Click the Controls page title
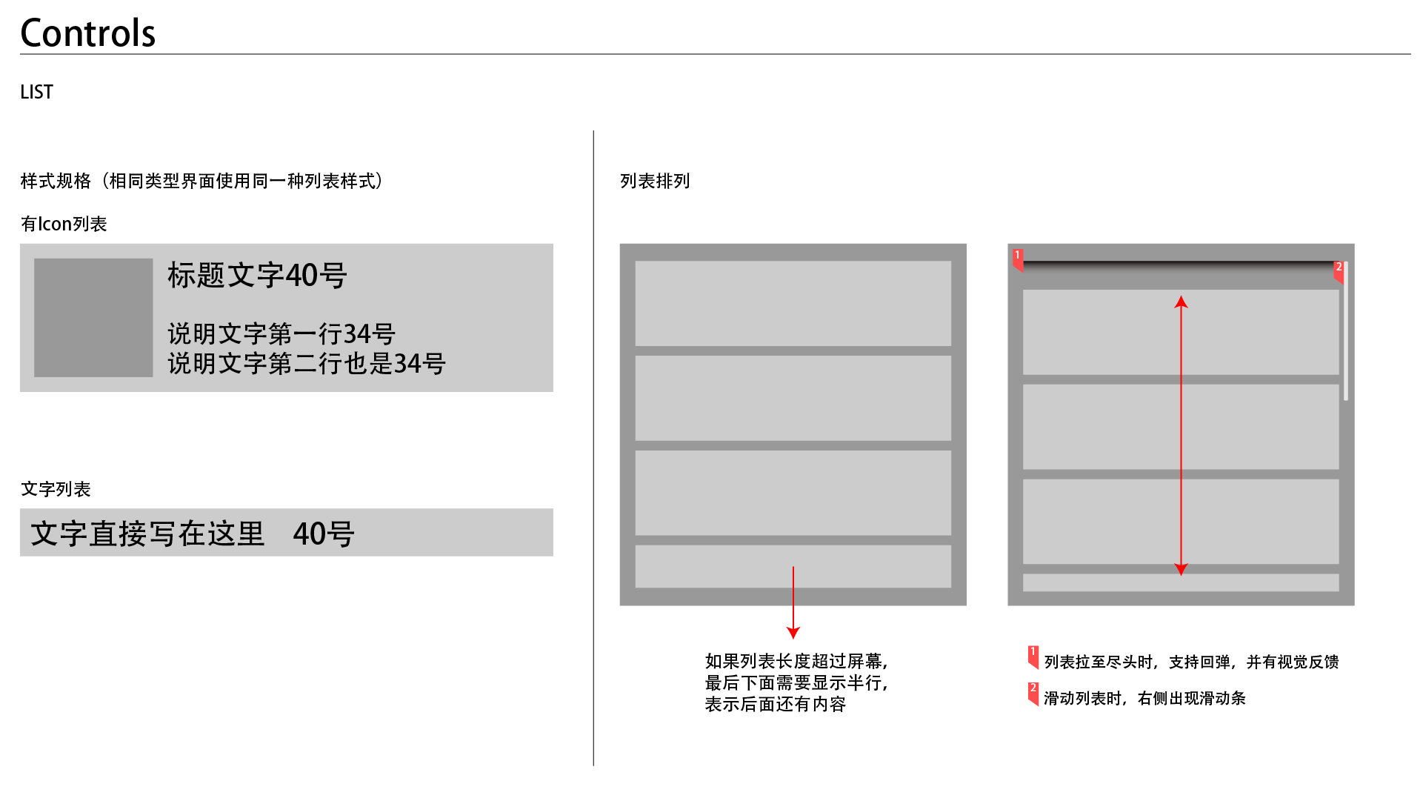pyautogui.click(x=87, y=33)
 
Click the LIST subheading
pyautogui.click(x=36, y=92)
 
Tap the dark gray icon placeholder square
pyautogui.click(x=93, y=317)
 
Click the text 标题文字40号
pyautogui.click(x=257, y=276)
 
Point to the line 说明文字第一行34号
pyautogui.click(x=281, y=334)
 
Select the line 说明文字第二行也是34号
pyautogui.click(x=307, y=364)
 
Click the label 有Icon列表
pyautogui.click(x=64, y=224)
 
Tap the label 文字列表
pyautogui.click(x=56, y=489)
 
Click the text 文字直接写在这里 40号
pyautogui.click(x=193, y=534)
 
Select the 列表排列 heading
pyautogui.click(x=654, y=182)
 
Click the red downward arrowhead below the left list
pyautogui.click(x=793, y=633)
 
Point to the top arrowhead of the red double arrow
pyautogui.click(x=1182, y=302)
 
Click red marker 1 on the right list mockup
pyautogui.click(x=1019, y=257)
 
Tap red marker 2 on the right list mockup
pyautogui.click(x=1339, y=269)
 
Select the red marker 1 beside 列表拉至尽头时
pyautogui.click(x=1033, y=655)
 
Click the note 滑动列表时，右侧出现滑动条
pyautogui.click(x=1144, y=698)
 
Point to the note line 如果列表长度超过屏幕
pyautogui.click(x=796, y=661)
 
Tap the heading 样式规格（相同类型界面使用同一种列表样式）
pyautogui.click(x=201, y=182)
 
